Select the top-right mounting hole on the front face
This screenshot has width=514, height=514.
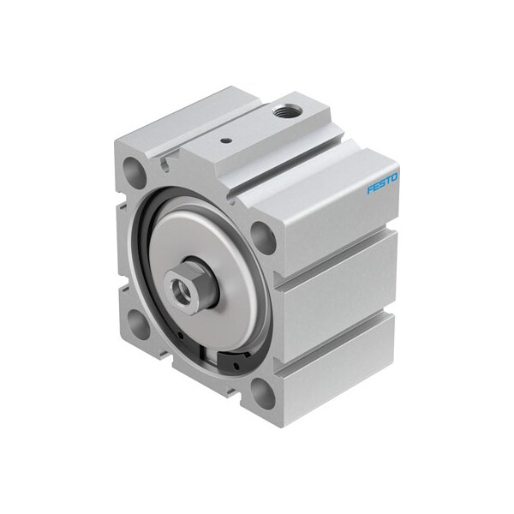click(265, 237)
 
